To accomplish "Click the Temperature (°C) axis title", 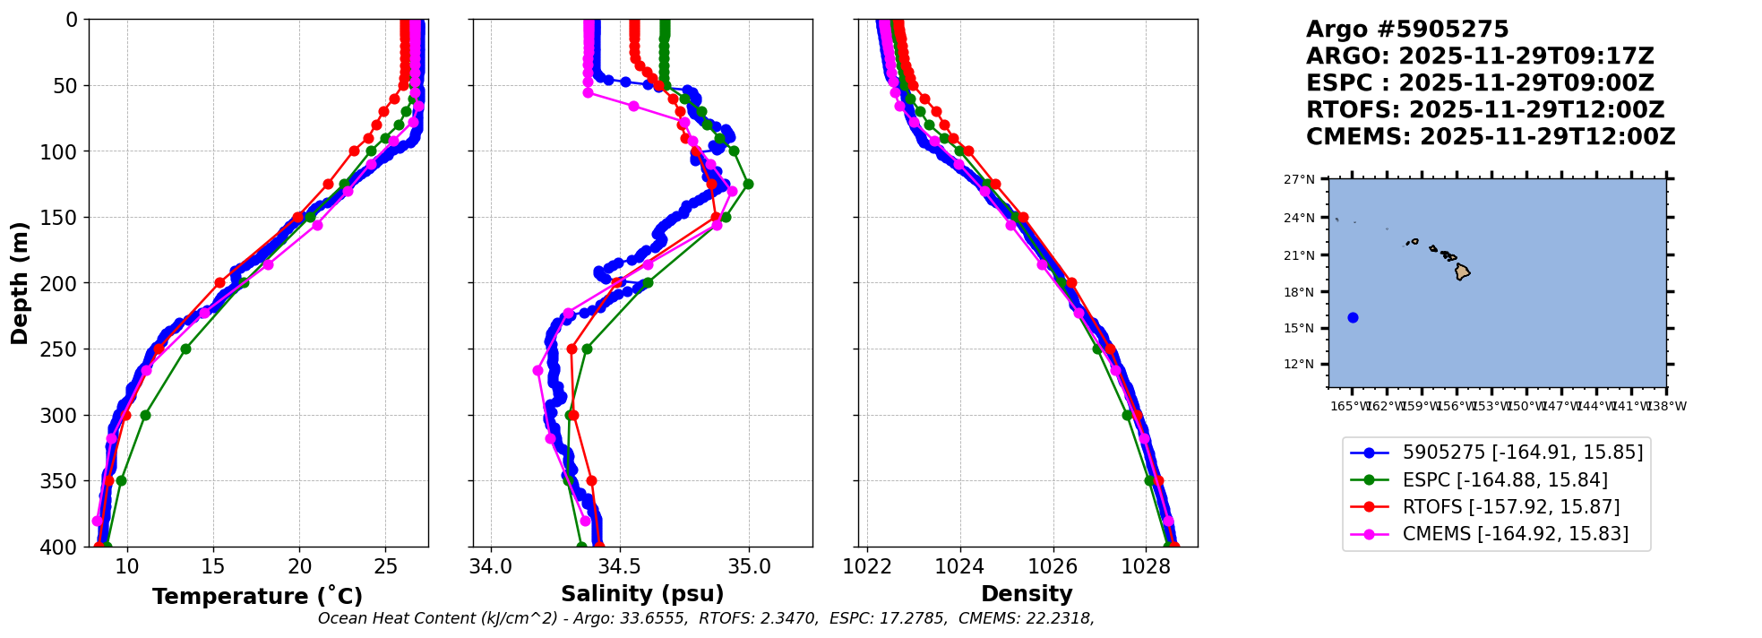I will [x=257, y=596].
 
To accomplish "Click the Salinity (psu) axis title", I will [x=642, y=594].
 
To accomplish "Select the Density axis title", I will [x=1027, y=594].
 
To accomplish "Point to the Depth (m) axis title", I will [x=20, y=283].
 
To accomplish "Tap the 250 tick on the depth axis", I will [x=65, y=349].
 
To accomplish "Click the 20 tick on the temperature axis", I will [x=299, y=566].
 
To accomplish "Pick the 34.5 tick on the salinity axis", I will [x=619, y=566].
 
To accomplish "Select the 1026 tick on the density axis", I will [x=1053, y=566].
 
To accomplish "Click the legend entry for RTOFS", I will [x=1510, y=507].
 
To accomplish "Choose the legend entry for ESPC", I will [x=1505, y=480].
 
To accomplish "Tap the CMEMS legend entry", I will [x=1515, y=534].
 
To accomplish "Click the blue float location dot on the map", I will [x=1353, y=317].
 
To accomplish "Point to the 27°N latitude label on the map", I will [x=1299, y=179].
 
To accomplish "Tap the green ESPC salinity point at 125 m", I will [x=748, y=184].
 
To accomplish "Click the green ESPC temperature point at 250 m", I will [x=185, y=349].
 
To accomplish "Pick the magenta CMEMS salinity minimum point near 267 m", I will [x=537, y=370].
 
